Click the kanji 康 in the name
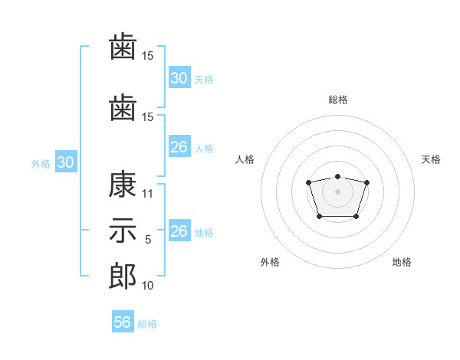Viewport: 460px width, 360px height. [123, 185]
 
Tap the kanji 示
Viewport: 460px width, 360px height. [123, 231]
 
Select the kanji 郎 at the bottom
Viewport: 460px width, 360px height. [123, 276]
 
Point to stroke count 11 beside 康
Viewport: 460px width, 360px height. [147, 194]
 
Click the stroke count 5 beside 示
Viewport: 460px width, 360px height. [148, 240]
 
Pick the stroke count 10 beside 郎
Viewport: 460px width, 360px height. [147, 285]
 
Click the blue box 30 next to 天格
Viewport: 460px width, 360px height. [179, 77]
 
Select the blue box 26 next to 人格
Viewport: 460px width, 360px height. [179, 146]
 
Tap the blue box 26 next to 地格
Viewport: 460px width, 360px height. [179, 230]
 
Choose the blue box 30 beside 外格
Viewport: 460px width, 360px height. [66, 162]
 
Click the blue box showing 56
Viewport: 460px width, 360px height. [123, 321]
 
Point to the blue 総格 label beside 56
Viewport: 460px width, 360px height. [147, 324]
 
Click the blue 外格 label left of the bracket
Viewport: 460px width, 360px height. [41, 164]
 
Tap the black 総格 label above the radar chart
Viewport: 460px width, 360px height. [338, 100]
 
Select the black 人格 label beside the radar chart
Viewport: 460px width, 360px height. [245, 159]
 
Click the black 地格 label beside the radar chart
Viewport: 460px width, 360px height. [402, 262]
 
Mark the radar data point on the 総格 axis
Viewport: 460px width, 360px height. [337, 176]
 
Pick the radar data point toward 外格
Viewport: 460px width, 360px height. [320, 216]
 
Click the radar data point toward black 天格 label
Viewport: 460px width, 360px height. [366, 182]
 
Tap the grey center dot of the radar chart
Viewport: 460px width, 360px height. [337, 191]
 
